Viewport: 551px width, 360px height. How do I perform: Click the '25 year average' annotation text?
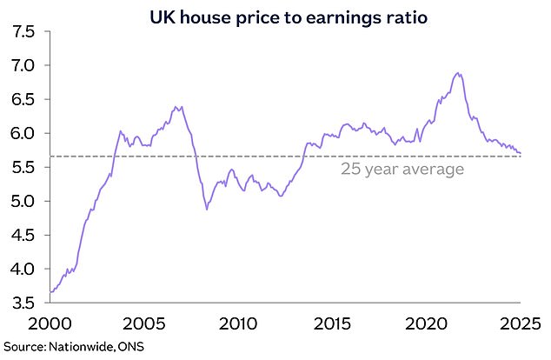402,170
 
